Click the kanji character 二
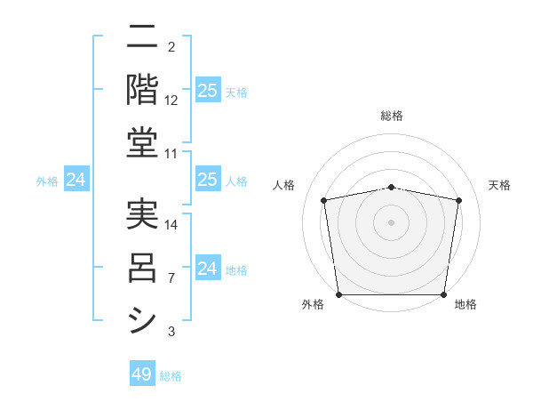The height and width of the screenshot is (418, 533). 142,39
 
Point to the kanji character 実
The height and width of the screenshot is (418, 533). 142,215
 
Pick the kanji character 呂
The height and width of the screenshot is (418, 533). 142,267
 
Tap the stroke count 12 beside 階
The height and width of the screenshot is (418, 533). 171,100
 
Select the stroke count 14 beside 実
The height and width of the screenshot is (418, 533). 171,225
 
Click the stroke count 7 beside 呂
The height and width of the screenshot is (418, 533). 171,278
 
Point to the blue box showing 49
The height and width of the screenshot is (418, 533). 142,374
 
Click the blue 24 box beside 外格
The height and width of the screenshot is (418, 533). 76,181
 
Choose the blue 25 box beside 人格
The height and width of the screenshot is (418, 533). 207,181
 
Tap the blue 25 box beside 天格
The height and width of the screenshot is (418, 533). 207,91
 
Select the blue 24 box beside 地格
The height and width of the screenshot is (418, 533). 207,269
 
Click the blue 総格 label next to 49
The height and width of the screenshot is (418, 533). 171,376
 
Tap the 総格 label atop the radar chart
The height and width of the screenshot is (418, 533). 391,116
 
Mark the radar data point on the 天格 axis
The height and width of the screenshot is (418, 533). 458,200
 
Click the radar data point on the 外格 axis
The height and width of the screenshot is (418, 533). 338,294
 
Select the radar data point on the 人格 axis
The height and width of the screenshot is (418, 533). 323,200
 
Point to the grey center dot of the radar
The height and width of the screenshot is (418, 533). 391,222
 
